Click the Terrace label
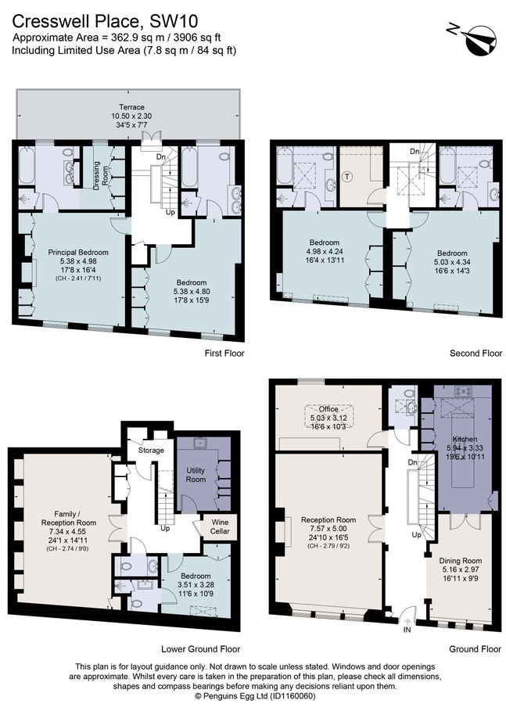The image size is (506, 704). coord(131,107)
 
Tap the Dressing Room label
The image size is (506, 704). coord(101,175)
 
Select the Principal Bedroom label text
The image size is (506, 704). coord(78,253)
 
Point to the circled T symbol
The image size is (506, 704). coord(346,177)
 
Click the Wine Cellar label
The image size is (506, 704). coord(220,526)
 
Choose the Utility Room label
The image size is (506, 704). coord(196,475)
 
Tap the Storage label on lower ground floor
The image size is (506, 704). coord(151,451)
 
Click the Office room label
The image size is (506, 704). coord(328,409)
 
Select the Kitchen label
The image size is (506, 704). coord(465,439)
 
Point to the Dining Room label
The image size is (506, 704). coord(460,560)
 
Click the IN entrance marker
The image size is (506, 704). coord(407,630)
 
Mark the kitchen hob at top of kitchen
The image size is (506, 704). coord(463,392)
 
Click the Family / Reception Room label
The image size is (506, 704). coord(69,518)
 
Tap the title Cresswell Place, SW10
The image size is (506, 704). coord(105,20)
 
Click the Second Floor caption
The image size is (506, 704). coord(476,354)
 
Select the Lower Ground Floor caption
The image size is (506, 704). coord(201,648)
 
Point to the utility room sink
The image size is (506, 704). coord(198,442)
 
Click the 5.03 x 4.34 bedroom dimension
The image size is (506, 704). coord(452,262)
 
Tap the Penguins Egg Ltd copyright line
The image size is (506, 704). coord(255,696)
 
